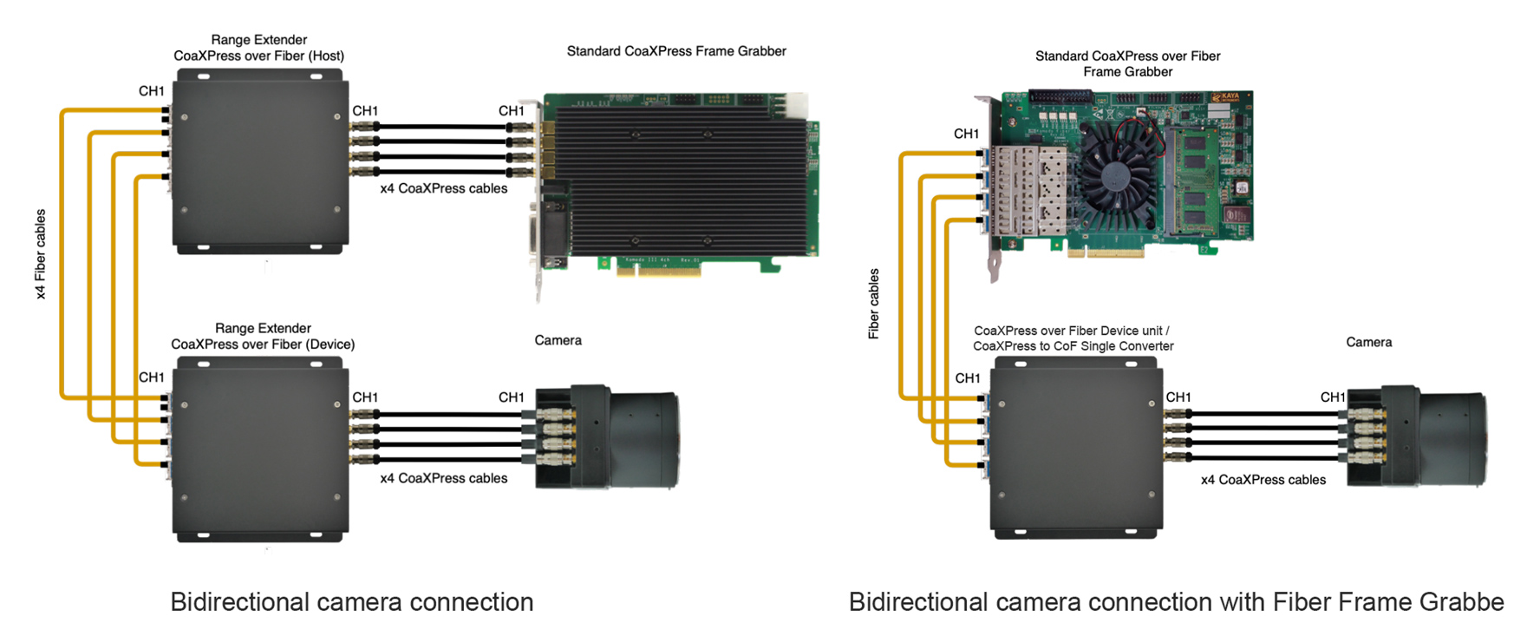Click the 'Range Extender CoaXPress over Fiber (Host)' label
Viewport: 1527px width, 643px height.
pos(258,48)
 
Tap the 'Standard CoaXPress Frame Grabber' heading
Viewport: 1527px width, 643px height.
pos(676,51)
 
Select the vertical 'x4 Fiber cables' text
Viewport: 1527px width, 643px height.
pos(41,254)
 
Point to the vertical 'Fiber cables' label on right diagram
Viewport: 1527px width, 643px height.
pos(874,304)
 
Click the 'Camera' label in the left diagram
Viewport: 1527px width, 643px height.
pos(558,340)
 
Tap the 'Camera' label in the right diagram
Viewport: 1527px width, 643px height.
pos(1368,342)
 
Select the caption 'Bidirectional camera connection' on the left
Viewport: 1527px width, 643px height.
pos(351,602)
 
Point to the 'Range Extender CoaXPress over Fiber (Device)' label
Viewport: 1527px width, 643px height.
pos(263,337)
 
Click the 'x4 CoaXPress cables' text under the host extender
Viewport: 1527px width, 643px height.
pos(444,188)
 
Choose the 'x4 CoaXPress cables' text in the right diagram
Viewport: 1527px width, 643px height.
pos(1263,480)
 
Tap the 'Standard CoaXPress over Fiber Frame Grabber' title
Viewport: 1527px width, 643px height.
pos(1127,63)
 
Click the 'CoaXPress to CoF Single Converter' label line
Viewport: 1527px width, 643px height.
pos(1073,346)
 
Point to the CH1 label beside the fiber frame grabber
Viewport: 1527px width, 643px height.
pos(966,134)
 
